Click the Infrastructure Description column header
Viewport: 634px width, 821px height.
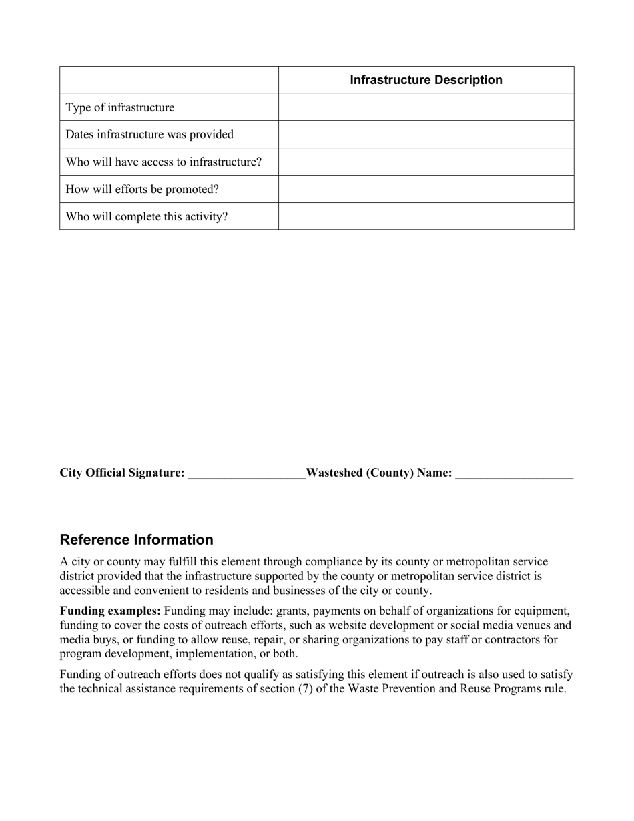426,80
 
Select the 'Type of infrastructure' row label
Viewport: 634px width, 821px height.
119,107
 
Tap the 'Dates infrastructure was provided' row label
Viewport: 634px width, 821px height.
149,134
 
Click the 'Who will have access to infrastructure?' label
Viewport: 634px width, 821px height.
164,162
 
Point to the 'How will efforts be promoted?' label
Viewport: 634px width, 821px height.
142,189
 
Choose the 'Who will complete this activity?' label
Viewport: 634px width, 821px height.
147,216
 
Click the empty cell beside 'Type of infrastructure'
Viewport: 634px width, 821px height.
426,107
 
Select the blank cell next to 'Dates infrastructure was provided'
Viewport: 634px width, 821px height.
426,134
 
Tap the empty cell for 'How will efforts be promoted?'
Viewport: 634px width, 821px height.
426,189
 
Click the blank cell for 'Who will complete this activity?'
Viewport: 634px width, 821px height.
426,216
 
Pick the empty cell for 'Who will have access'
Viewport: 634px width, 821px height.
426,162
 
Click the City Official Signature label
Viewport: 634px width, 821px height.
122,473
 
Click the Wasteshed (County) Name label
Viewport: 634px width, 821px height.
379,473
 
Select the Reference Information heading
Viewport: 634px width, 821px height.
137,539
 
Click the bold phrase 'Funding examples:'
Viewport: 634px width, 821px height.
110,611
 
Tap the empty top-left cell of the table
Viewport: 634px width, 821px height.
169,80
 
